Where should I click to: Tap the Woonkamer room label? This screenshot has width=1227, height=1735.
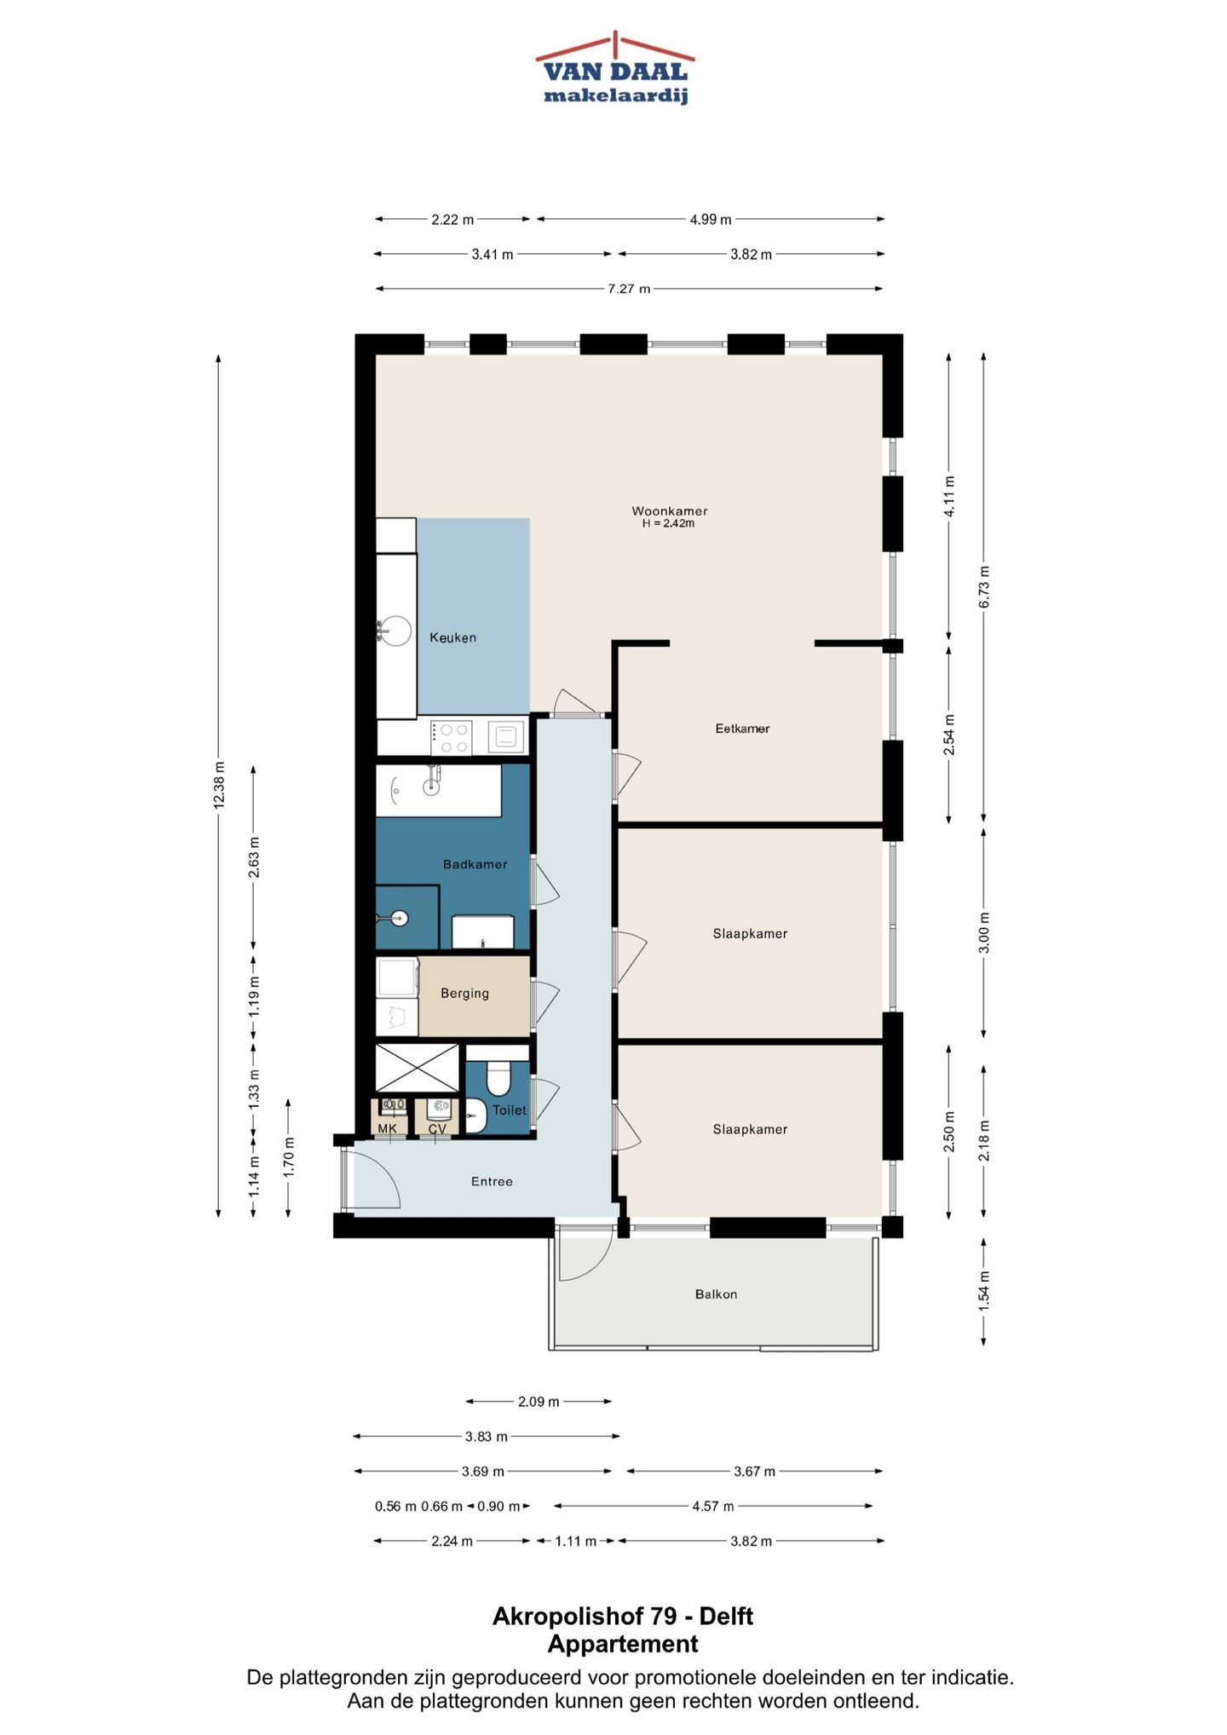(x=670, y=511)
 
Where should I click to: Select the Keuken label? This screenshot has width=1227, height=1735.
(x=452, y=637)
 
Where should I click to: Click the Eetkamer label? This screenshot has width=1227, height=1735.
(x=742, y=729)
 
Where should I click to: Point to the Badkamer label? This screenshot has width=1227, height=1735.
(x=475, y=864)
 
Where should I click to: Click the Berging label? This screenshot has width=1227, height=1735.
(x=464, y=994)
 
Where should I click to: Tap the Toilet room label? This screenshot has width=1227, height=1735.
(x=510, y=1110)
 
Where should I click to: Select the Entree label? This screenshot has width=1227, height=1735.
(x=492, y=1181)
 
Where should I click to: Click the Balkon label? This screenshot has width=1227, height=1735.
(x=716, y=1294)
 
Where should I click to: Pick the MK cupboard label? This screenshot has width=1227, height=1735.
(x=387, y=1128)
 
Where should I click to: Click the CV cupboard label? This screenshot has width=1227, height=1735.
(x=437, y=1128)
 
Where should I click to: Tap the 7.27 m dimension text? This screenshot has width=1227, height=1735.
(x=629, y=289)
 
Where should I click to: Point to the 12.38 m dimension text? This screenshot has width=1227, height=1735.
(x=219, y=785)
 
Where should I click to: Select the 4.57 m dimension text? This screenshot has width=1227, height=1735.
(x=713, y=1506)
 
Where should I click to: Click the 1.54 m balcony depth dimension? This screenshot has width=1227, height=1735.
(x=984, y=1290)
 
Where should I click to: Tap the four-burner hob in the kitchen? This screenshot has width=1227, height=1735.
(x=451, y=738)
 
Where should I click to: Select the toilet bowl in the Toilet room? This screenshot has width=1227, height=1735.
(x=498, y=1078)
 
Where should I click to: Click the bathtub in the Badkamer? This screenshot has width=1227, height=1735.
(x=439, y=791)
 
